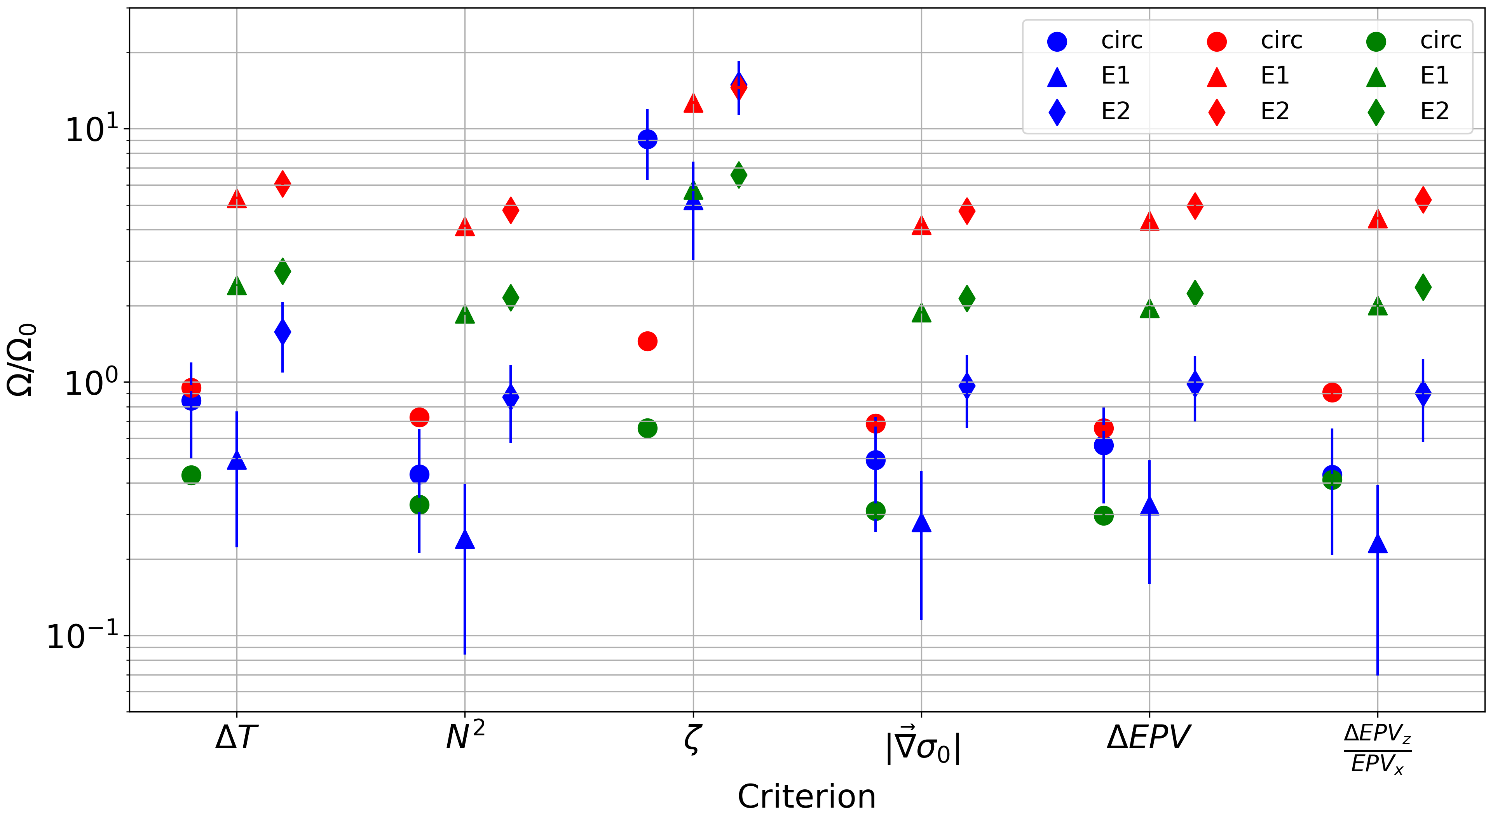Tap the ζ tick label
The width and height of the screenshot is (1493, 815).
pos(692,739)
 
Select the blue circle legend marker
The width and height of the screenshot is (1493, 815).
pos(1057,41)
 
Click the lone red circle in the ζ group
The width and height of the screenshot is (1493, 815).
pos(647,341)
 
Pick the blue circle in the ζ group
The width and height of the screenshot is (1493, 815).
pos(647,139)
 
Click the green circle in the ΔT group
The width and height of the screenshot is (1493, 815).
pos(191,475)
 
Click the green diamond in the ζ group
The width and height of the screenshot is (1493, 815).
pos(738,174)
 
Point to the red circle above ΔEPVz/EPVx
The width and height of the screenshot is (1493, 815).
pos(1332,392)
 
